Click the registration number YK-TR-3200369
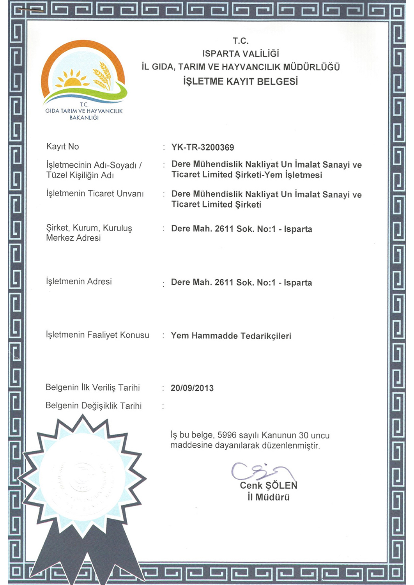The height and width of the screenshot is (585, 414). click(x=203, y=147)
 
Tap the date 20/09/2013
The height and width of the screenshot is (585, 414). click(x=192, y=388)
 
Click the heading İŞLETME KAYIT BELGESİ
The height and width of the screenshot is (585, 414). click(x=241, y=82)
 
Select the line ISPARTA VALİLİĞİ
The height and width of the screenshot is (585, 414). click(x=241, y=54)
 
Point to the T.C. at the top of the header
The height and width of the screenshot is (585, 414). click(x=241, y=41)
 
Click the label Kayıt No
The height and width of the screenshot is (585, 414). click(x=63, y=147)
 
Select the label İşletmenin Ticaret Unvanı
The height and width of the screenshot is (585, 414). click(x=95, y=193)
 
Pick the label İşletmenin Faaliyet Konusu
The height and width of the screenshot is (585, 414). click(x=97, y=335)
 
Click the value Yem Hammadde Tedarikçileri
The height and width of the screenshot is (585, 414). click(x=231, y=336)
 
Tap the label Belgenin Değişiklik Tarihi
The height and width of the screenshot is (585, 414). click(x=94, y=406)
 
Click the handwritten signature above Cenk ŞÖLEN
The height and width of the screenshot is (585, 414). click(x=261, y=471)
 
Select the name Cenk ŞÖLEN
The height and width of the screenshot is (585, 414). click(x=269, y=486)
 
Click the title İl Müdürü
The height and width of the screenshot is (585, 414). click(x=269, y=497)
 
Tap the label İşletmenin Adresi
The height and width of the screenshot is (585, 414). click(x=79, y=282)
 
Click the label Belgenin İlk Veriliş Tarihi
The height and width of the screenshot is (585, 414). click(x=93, y=388)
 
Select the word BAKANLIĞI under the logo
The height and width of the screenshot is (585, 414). click(x=84, y=117)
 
